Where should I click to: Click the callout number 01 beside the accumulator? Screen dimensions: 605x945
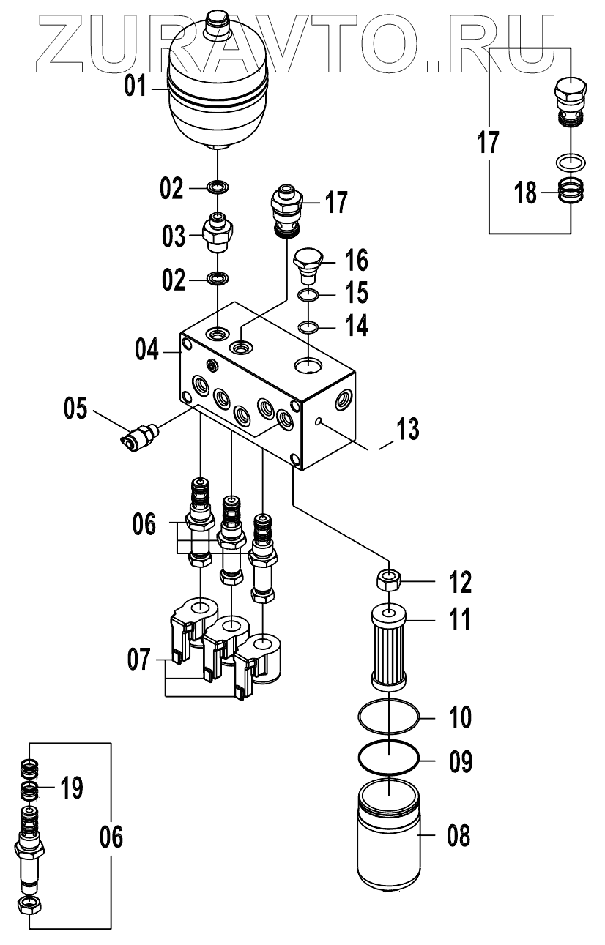[135, 86]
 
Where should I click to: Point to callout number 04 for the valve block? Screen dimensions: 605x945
[146, 350]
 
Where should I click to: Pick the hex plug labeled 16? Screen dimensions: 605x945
[308, 266]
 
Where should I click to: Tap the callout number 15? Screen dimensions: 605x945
[357, 293]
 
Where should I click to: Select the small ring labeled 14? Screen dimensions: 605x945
[308, 326]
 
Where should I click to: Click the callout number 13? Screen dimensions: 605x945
[408, 429]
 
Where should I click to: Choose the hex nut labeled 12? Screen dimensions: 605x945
[388, 583]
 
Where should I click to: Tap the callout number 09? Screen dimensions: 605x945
[460, 762]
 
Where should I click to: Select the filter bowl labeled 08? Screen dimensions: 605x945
[388, 850]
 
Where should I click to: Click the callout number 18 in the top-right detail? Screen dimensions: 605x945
[525, 193]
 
